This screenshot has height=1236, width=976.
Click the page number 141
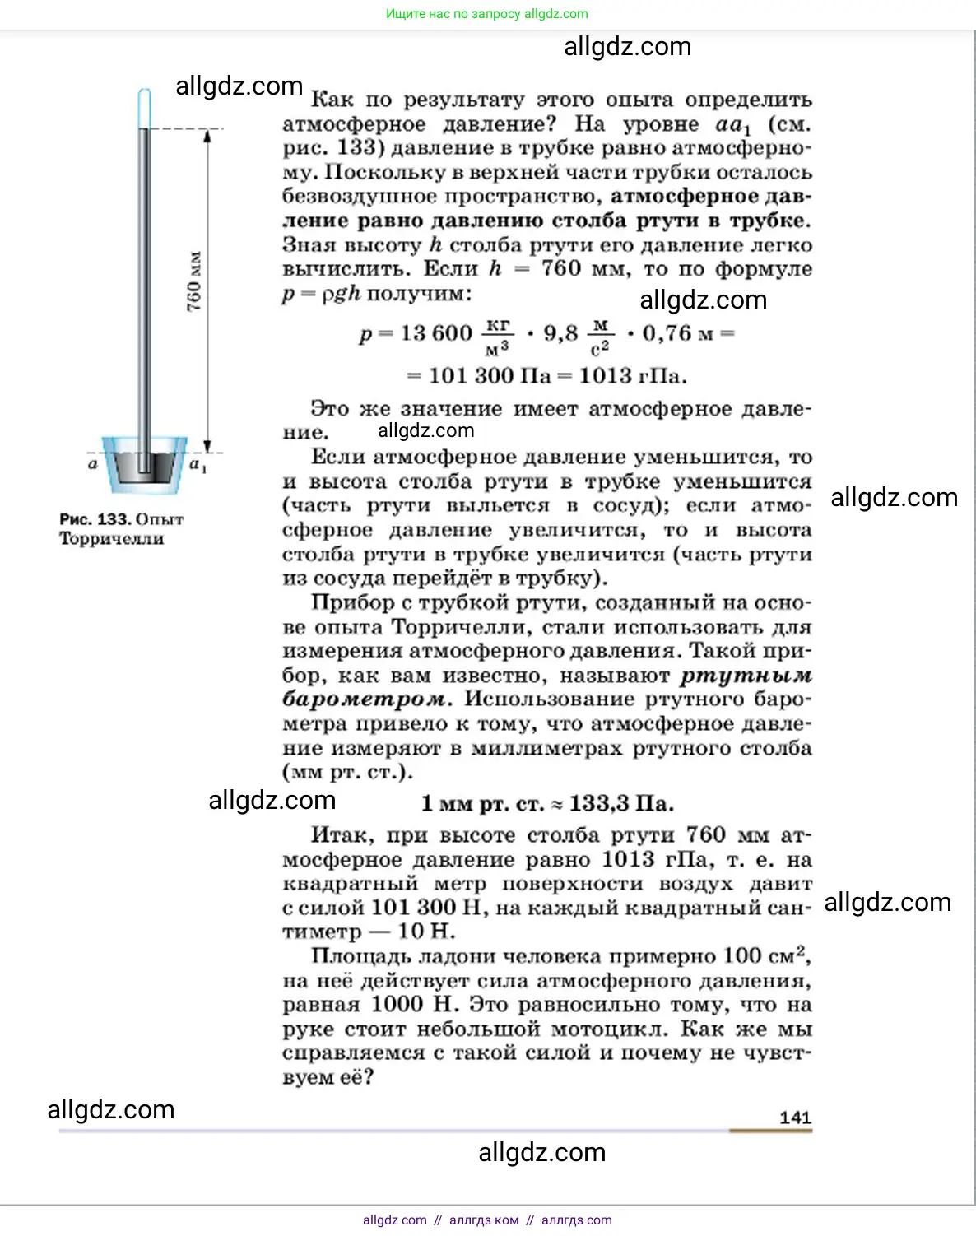tap(795, 1118)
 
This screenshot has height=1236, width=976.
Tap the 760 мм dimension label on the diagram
tap(194, 281)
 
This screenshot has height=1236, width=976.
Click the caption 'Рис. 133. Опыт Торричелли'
tap(121, 528)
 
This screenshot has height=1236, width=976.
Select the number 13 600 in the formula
tap(436, 333)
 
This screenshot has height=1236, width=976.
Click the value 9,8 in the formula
tap(560, 333)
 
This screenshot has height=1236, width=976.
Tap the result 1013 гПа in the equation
tap(632, 376)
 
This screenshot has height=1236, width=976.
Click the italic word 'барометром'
tap(366, 699)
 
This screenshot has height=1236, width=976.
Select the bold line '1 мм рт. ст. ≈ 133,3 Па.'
tap(547, 804)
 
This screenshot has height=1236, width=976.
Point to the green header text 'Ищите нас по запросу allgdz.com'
tap(487, 14)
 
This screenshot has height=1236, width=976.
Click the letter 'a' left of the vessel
tap(92, 464)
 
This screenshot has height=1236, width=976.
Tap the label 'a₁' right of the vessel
tap(198, 465)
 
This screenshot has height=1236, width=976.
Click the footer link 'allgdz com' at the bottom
tap(395, 1220)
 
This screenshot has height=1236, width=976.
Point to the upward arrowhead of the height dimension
tap(207, 134)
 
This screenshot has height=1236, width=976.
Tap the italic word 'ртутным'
tap(746, 676)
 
